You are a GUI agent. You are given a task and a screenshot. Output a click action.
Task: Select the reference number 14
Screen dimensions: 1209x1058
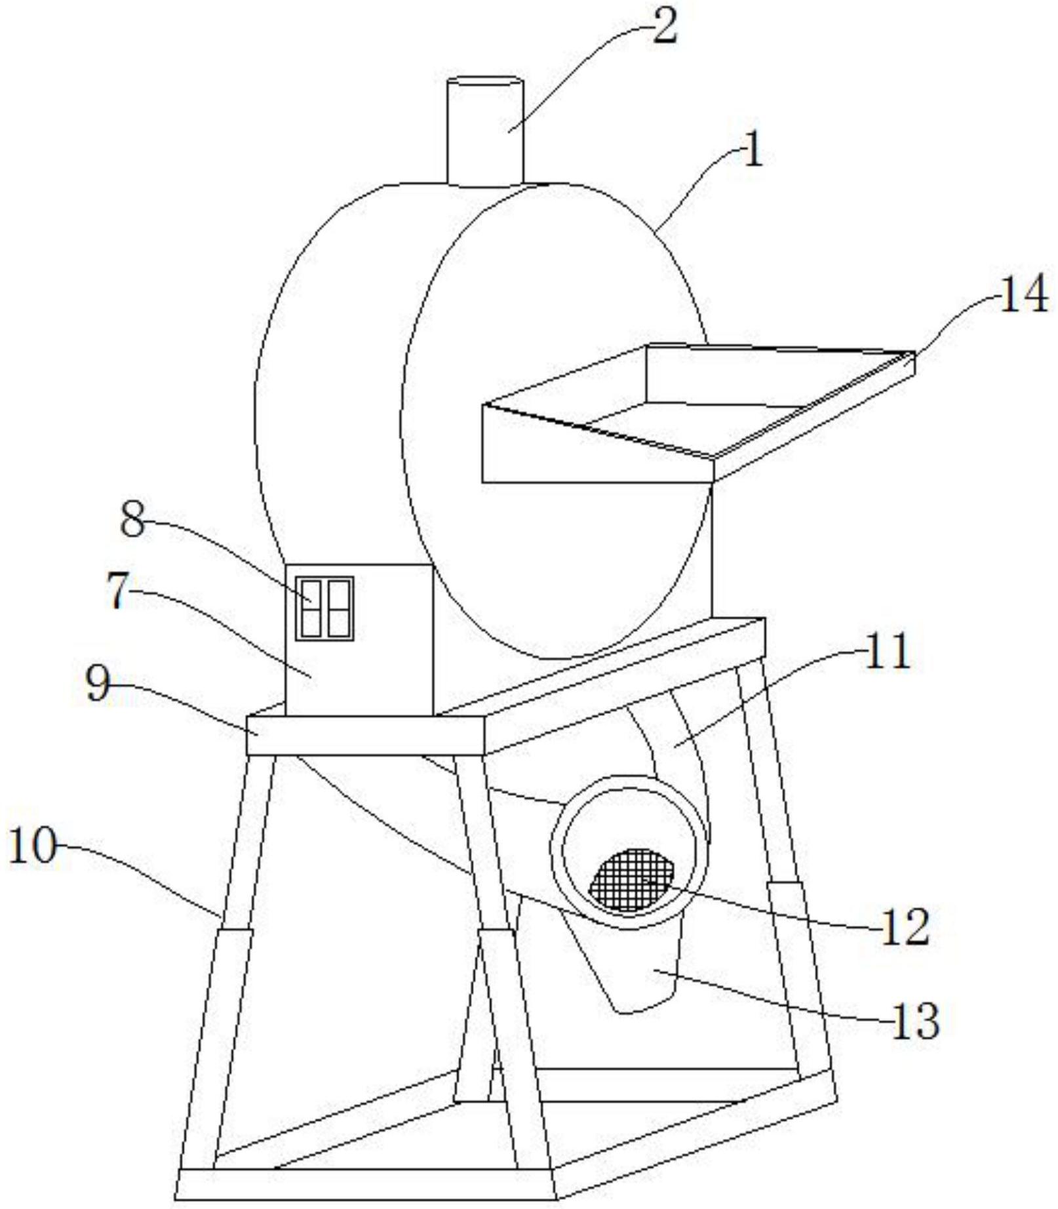(x=1023, y=296)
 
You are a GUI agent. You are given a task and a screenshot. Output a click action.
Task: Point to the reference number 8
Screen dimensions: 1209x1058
(x=133, y=522)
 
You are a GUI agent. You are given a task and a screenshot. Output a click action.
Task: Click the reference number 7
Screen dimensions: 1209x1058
(x=117, y=592)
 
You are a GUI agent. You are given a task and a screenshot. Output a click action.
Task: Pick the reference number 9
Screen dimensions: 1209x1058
(x=98, y=685)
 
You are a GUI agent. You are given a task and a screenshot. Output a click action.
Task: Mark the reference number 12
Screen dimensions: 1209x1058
(x=905, y=926)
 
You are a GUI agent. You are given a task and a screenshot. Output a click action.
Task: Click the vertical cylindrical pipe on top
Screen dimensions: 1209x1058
(x=484, y=131)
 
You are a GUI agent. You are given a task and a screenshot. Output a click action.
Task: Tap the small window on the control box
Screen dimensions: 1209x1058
(x=324, y=608)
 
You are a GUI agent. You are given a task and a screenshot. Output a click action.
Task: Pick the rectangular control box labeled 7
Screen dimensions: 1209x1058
(x=359, y=662)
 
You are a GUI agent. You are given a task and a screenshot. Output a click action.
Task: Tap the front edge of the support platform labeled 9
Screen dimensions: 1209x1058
(x=365, y=735)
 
